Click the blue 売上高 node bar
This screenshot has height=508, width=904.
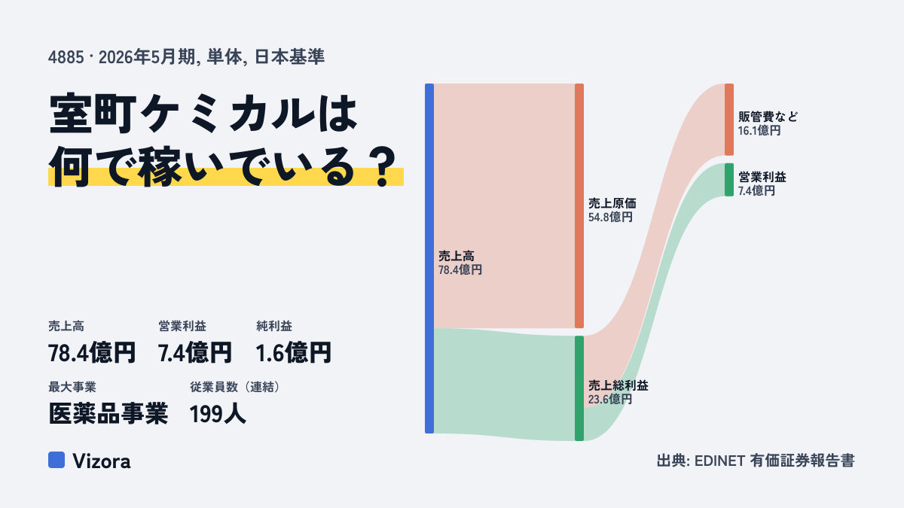429,258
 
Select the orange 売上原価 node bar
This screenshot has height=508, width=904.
579,205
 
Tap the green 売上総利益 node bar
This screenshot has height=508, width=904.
579,388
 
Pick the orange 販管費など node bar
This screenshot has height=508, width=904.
729,120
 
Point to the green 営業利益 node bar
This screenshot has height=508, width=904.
729,180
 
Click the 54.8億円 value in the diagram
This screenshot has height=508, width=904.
610,217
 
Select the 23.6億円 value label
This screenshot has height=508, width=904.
610,400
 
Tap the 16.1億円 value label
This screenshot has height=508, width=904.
759,131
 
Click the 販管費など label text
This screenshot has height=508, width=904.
768,117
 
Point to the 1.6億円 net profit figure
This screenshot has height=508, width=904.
293,352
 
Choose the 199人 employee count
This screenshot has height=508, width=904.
218,414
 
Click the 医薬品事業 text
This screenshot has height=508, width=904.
108,414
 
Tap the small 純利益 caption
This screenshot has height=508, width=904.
274,326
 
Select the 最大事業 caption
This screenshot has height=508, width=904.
72,387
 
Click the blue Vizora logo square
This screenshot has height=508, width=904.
56,460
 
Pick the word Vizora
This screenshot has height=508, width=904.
102,461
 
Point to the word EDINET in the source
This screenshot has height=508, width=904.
719,461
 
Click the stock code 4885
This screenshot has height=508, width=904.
66,57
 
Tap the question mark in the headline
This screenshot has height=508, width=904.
383,166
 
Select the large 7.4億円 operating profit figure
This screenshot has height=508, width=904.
195,352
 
